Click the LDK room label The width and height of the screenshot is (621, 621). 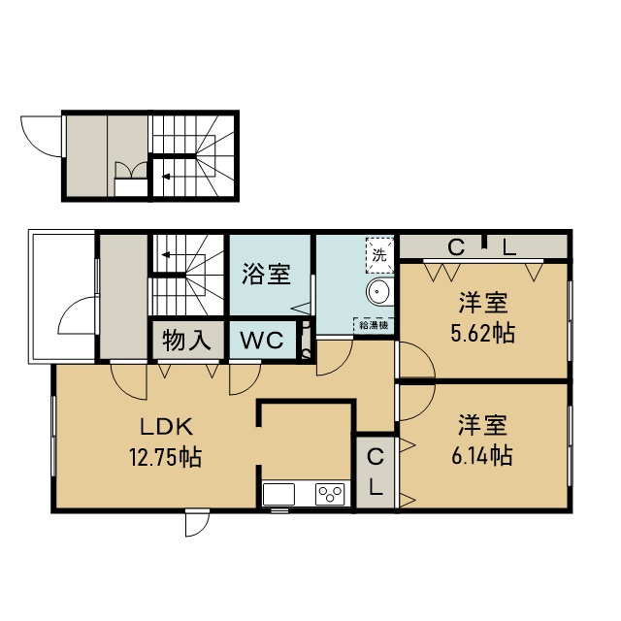click(167, 427)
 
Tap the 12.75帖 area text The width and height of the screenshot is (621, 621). click(166, 457)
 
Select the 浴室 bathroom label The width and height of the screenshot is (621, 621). click(267, 274)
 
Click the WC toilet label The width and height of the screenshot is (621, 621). click(262, 340)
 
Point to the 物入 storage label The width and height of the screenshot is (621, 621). click(186, 340)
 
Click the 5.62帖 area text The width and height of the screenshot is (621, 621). click(483, 333)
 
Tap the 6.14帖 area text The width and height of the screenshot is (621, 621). click(482, 455)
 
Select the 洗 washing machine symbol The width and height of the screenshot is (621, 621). click(379, 255)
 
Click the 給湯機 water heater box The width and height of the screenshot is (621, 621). click(374, 325)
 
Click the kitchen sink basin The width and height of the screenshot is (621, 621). click(278, 494)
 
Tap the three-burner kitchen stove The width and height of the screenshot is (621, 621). click(330, 494)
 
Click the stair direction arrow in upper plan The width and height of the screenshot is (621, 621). click(166, 177)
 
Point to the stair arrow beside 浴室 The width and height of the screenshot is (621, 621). click(166, 254)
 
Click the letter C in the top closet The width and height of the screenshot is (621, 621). click(456, 248)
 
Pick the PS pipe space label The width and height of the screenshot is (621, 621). click(307, 341)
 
